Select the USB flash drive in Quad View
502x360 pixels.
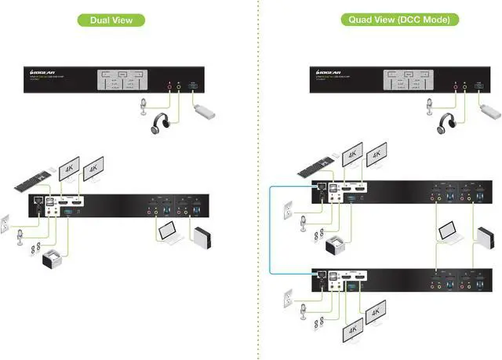click(x=488, y=111)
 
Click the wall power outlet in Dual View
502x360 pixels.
click(x=4, y=223)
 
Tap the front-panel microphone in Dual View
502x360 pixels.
click(x=144, y=106)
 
